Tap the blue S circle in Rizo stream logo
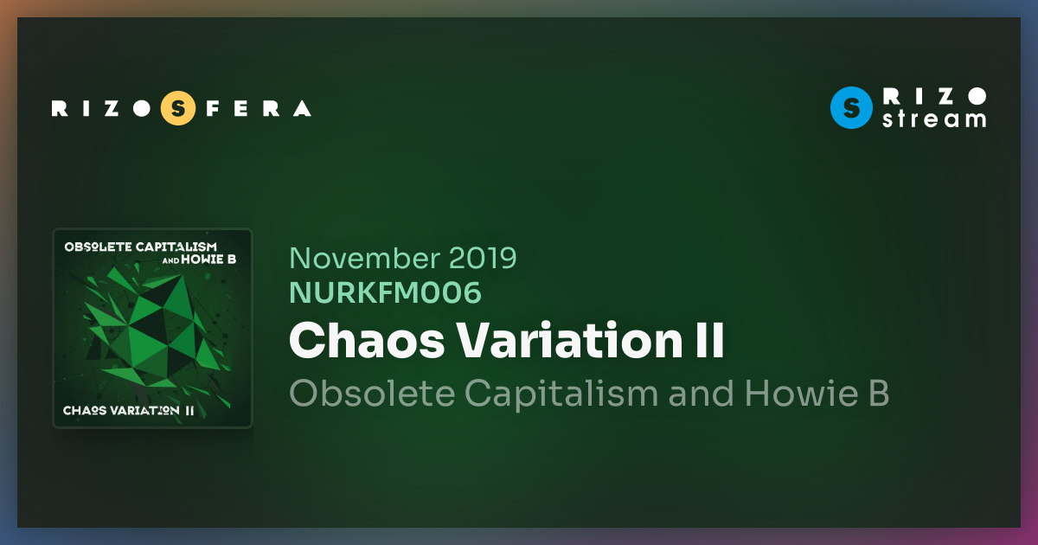click(x=850, y=108)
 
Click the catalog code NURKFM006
click(x=385, y=293)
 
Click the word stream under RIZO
click(x=933, y=119)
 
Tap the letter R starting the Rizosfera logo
click(x=59, y=108)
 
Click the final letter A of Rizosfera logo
click(x=302, y=108)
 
